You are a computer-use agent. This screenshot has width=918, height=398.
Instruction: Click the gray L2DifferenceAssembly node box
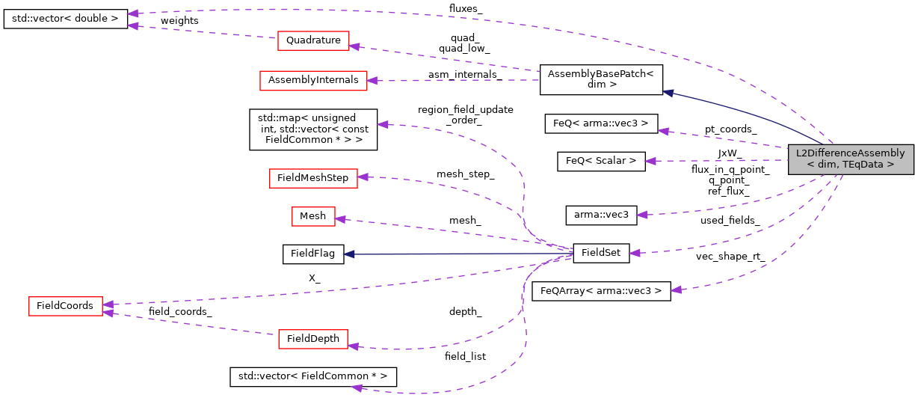(851, 159)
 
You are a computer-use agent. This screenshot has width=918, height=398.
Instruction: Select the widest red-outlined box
(313, 81)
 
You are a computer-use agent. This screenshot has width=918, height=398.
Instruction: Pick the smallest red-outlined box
(313, 216)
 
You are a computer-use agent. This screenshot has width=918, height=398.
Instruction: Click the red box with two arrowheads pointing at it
(66, 306)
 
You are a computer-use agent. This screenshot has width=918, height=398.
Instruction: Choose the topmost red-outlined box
(313, 40)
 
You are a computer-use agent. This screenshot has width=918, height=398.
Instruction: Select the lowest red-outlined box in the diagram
(312, 339)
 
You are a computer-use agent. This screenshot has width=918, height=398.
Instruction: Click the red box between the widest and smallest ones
(313, 178)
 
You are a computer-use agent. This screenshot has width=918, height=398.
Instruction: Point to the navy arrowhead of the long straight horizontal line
(348, 254)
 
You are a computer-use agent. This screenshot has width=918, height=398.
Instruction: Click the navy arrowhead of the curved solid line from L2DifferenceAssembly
(668, 93)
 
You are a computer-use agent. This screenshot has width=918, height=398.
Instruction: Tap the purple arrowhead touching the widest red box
(372, 81)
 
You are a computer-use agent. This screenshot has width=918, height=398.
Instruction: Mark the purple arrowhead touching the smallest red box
(340, 219)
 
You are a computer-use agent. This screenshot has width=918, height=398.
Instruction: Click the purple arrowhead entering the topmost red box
(354, 46)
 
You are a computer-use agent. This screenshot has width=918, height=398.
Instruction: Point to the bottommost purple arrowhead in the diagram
(357, 388)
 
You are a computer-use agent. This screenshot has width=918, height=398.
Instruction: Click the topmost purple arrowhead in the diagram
(132, 13)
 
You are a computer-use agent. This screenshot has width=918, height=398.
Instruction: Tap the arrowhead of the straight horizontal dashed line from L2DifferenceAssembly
(650, 161)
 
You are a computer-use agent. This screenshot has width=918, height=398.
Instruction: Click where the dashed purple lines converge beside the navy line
(568, 254)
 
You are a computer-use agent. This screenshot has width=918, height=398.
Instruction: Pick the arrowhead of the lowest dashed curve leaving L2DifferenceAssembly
(675, 290)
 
